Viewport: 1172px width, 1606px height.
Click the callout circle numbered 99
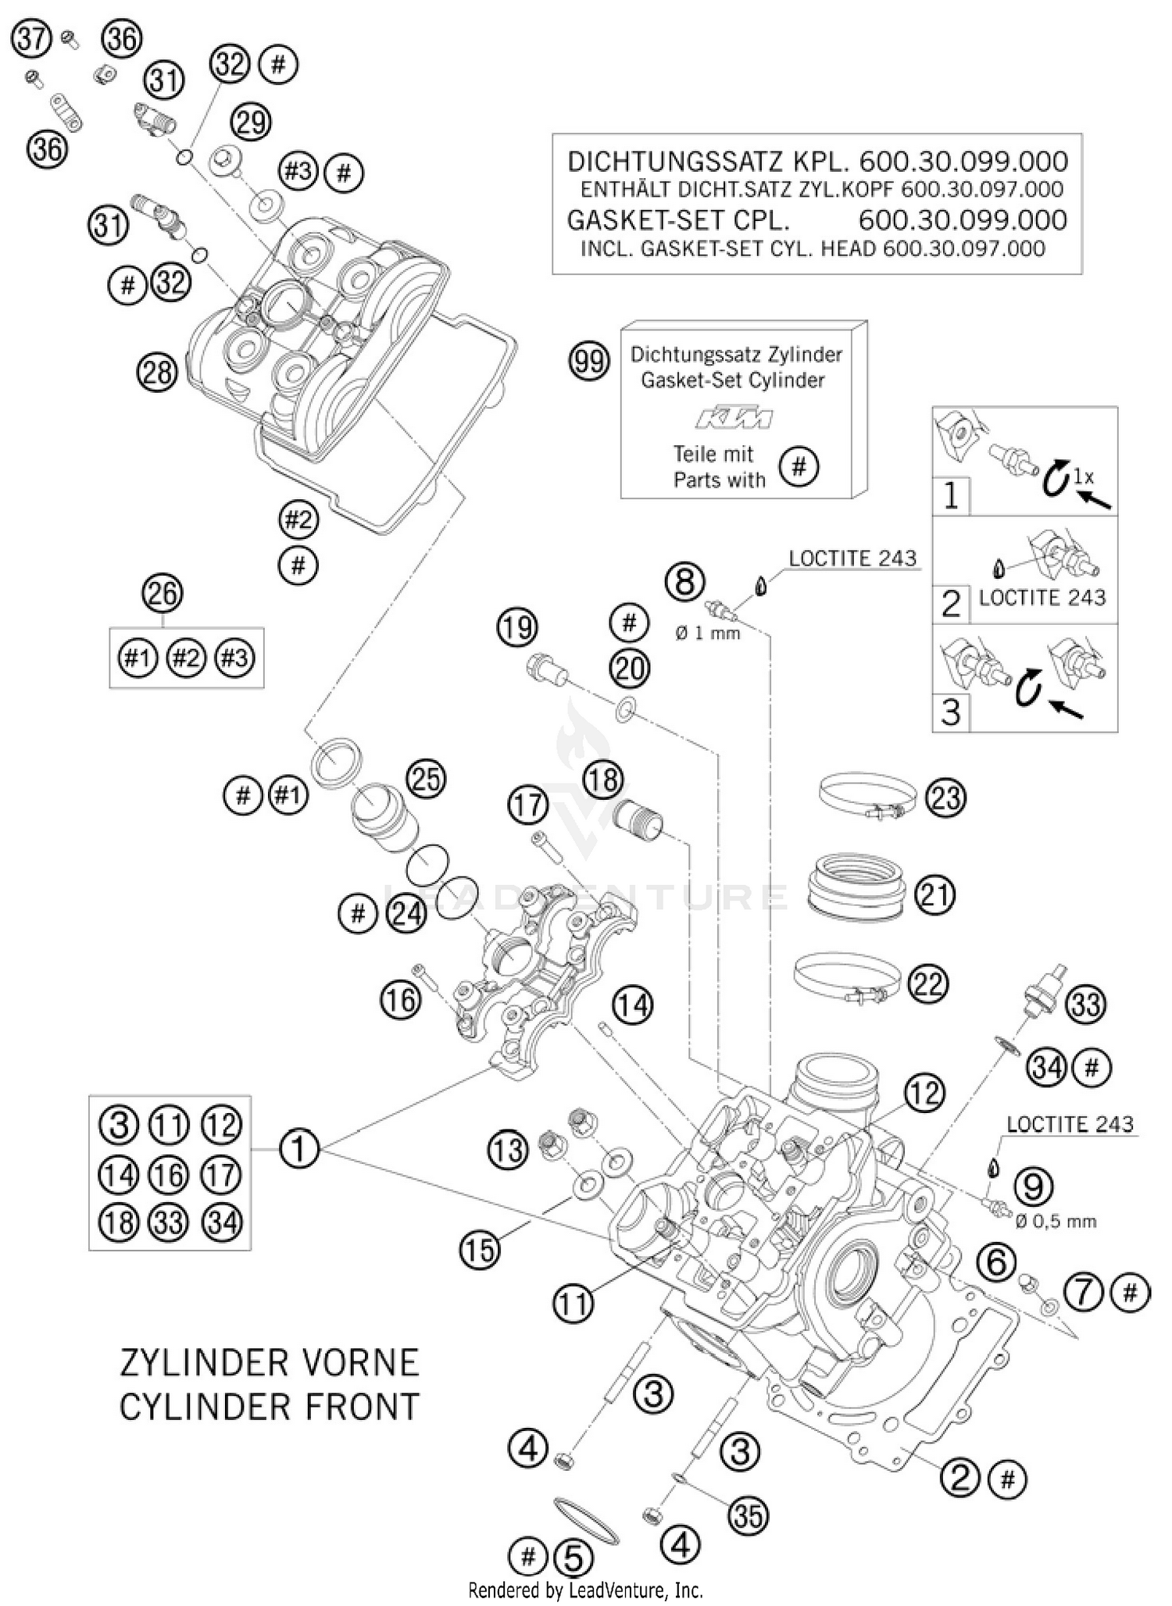pos(589,361)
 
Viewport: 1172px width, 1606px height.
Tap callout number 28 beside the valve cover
pos(157,373)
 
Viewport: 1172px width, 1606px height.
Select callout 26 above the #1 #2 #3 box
pos(163,594)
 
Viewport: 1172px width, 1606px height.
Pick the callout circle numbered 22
pos(928,983)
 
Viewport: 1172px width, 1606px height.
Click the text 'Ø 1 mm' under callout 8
pos(708,633)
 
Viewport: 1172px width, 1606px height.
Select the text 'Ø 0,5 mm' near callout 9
pos(1056,1221)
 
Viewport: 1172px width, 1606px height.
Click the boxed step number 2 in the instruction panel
pos(951,604)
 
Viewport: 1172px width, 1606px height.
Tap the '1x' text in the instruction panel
pos(1083,476)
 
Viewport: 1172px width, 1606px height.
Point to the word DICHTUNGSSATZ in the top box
pos(674,162)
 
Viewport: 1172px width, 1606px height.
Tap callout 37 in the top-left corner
pos(32,38)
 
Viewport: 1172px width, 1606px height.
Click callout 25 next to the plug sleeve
pos(426,779)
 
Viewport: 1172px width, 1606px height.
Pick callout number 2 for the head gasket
pos(960,1477)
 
